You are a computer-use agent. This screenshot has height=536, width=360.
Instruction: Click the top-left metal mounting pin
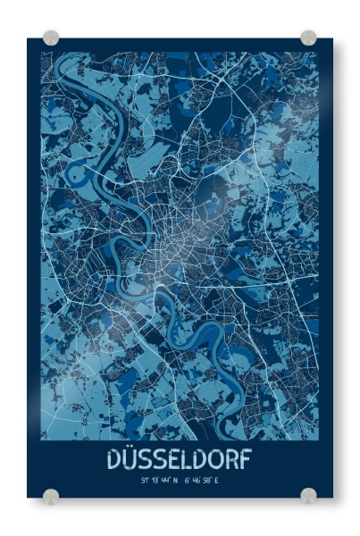point(51,38)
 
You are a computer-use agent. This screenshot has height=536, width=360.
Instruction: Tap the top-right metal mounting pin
point(308,38)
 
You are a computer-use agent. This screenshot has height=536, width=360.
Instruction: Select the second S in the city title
point(162,460)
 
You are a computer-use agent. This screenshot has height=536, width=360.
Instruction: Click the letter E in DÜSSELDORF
point(176,460)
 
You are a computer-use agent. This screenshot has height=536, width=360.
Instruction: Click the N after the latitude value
point(175,480)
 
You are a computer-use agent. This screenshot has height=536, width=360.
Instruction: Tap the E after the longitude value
point(217,480)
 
